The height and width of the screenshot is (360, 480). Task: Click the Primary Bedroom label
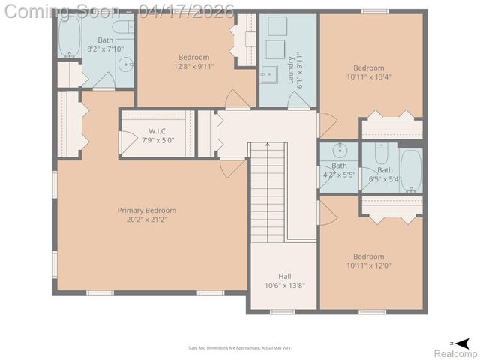tap(146, 211)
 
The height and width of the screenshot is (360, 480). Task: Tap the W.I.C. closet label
tap(157, 131)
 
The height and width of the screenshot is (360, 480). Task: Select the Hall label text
tap(285, 275)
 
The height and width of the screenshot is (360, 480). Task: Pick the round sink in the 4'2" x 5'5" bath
tap(340, 148)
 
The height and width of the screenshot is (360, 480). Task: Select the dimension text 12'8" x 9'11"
tap(193, 66)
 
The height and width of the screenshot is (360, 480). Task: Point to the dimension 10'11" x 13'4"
tap(369, 76)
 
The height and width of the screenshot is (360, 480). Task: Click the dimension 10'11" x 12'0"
tap(369, 265)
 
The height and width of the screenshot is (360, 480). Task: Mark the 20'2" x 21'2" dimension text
tap(146, 220)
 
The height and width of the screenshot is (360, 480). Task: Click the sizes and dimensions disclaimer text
tap(239, 347)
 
